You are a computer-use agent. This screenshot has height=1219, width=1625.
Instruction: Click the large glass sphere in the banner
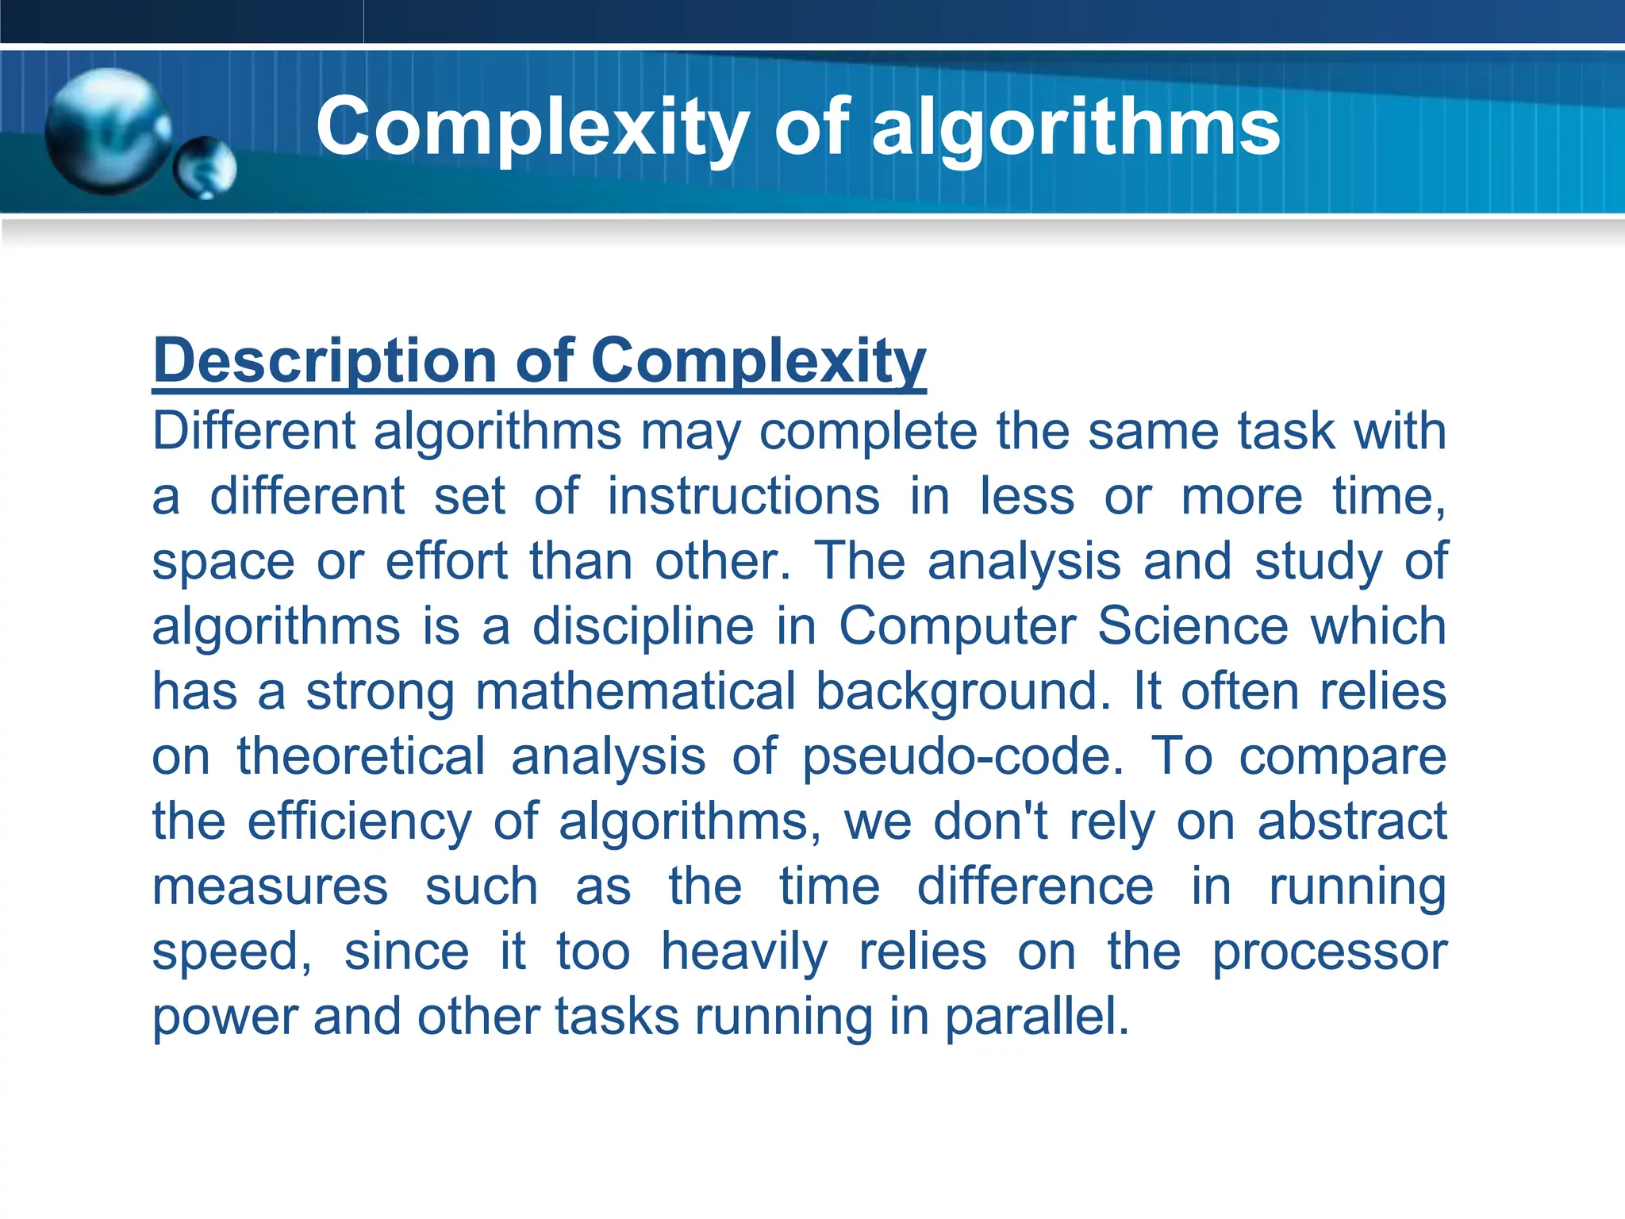(x=107, y=131)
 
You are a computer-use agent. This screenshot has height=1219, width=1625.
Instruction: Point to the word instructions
(x=743, y=497)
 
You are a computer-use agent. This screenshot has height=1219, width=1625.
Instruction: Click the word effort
(x=446, y=562)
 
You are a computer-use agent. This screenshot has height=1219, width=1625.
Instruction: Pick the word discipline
(x=643, y=627)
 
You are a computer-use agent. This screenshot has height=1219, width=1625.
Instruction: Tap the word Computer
(x=957, y=627)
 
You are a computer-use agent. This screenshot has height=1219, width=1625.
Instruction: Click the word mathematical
(x=635, y=692)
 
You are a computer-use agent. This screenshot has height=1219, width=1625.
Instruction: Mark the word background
(x=962, y=692)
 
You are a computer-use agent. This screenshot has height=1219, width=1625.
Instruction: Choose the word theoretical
(x=361, y=756)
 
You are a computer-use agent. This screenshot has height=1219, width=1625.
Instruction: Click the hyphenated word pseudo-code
(x=962, y=756)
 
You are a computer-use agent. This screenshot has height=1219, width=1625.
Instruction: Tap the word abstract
(x=1352, y=821)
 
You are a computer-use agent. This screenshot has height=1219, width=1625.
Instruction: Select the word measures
(x=270, y=887)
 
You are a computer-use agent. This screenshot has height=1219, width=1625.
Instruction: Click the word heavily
(x=744, y=952)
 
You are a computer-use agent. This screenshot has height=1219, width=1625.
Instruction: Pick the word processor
(x=1330, y=952)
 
